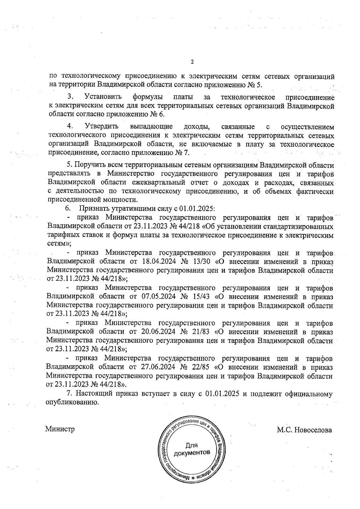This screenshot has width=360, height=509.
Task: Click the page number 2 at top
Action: [x=192, y=62]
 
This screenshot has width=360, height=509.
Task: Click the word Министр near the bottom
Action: [x=60, y=429]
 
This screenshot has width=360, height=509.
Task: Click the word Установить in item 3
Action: [x=103, y=97]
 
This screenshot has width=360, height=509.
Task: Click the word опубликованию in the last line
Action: [x=72, y=403]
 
